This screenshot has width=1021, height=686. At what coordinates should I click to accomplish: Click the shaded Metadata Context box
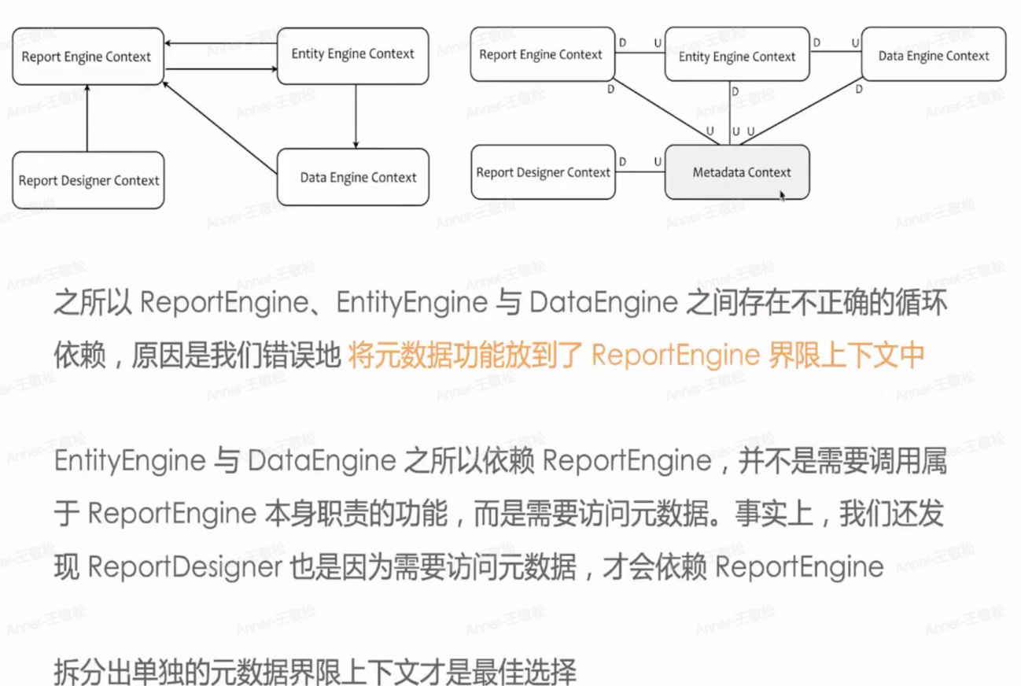[x=737, y=171]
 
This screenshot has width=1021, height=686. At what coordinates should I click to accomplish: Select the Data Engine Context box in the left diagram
[x=353, y=177]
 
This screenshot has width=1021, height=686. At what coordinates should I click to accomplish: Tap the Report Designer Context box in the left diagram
[x=88, y=180]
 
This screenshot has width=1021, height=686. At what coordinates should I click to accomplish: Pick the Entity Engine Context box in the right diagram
[x=737, y=54]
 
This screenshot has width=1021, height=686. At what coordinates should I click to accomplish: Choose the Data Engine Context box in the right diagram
[x=934, y=54]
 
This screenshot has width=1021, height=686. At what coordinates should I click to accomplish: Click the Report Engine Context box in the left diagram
[x=88, y=56]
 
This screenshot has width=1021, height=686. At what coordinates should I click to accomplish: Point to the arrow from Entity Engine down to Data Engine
[x=356, y=116]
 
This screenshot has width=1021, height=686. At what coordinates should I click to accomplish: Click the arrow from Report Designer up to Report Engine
[x=87, y=118]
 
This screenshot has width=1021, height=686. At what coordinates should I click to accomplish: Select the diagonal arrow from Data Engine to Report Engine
[x=219, y=127]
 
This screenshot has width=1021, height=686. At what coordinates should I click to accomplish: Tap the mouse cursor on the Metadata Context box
[x=782, y=196]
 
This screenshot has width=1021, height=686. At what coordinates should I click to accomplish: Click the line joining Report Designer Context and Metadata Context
[x=640, y=171]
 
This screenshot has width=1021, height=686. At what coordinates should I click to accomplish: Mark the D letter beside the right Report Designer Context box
[x=623, y=162]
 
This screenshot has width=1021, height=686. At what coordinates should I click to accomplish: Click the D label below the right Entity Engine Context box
[x=735, y=91]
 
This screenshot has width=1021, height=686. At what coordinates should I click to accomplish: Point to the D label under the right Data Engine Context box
[x=859, y=90]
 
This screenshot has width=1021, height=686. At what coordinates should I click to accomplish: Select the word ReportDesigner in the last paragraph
[x=185, y=567]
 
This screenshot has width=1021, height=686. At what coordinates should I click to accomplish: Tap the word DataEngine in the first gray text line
[x=603, y=302]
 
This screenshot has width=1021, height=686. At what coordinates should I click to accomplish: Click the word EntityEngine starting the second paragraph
[x=130, y=461]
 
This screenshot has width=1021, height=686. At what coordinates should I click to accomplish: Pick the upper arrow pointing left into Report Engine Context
[x=220, y=43]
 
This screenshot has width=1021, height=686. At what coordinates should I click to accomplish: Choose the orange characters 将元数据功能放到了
[x=465, y=355]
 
